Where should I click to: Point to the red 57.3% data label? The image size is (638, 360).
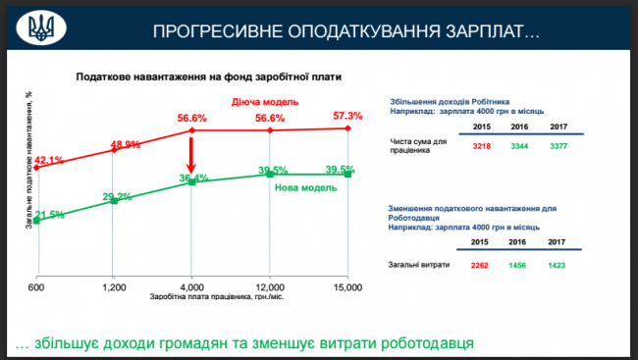(x=348, y=116)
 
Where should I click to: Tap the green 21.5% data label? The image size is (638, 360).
(x=49, y=214)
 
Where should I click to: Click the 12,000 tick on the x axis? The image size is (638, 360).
(x=270, y=285)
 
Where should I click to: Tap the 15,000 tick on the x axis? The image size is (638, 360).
(x=347, y=285)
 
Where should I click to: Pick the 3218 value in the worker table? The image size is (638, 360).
(x=481, y=144)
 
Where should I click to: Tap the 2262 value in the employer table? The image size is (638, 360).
(x=481, y=266)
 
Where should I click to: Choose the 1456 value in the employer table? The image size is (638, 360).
(x=521, y=266)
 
